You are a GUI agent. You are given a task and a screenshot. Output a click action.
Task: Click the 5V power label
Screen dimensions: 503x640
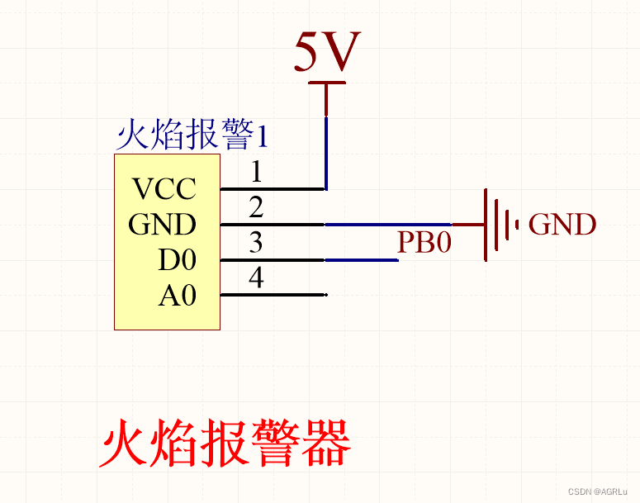tap(328, 53)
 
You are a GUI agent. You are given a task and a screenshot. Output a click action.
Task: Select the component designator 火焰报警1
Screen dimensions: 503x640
tap(192, 135)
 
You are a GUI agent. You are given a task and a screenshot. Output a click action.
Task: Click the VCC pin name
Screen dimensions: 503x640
tap(165, 189)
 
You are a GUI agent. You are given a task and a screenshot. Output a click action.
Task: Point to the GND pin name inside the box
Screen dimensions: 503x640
tap(162, 225)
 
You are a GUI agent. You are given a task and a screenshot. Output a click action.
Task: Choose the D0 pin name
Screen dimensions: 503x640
tap(177, 260)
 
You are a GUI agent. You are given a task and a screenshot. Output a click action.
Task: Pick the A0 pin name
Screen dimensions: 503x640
tap(177, 296)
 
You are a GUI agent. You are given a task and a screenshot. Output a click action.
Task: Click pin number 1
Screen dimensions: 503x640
tap(256, 173)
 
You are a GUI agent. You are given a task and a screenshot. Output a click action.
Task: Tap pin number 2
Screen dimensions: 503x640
tap(256, 207)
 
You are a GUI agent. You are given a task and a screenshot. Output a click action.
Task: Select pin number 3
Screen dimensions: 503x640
tap(256, 243)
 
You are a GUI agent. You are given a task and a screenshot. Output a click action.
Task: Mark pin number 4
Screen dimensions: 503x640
tap(256, 278)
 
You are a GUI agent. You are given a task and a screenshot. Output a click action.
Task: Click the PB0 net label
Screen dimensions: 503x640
tap(424, 242)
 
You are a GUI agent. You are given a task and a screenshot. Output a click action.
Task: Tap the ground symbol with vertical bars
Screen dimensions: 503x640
tap(495, 224)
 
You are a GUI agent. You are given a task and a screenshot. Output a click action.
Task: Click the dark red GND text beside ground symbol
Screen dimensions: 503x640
tap(562, 225)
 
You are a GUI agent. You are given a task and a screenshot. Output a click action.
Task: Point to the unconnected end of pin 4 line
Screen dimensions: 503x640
tap(326, 295)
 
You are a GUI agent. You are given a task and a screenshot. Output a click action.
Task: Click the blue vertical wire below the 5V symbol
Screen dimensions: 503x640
tap(327, 153)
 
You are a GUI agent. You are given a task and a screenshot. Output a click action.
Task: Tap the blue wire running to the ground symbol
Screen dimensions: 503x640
tap(388, 224)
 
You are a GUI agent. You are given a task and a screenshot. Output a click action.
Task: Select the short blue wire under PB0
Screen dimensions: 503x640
tap(362, 260)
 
